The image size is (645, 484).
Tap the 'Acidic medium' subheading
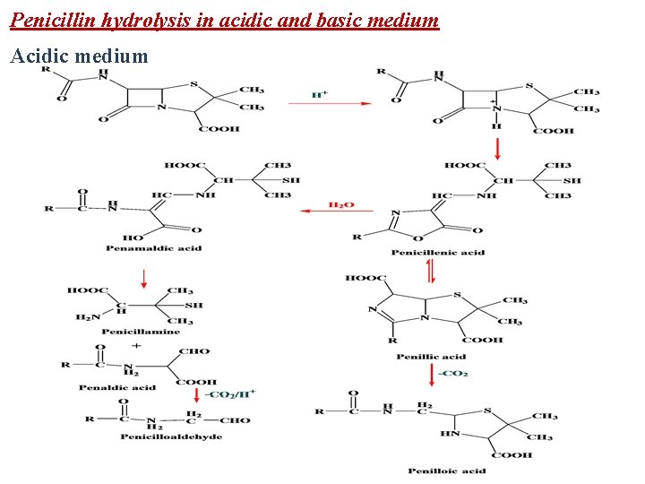pyautogui.click(x=79, y=56)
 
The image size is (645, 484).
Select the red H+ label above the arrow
pyautogui.click(x=318, y=93)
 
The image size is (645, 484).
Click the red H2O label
pyautogui.click(x=341, y=205)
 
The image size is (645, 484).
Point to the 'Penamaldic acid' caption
pyautogui.click(x=153, y=248)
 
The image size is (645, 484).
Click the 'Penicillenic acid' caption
pyautogui.click(x=439, y=253)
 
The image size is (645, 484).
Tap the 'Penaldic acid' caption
pyautogui.click(x=116, y=387)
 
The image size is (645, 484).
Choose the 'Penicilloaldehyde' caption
pyautogui.click(x=172, y=436)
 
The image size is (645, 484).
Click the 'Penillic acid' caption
pyautogui.click(x=432, y=357)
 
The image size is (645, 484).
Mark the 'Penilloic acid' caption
pyautogui.click(x=446, y=471)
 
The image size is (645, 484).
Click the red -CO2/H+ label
pyautogui.click(x=231, y=393)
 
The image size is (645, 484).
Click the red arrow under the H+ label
pyautogui.click(x=328, y=104)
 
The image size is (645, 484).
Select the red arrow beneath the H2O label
pyautogui.click(x=327, y=212)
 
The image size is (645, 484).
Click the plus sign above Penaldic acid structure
pyautogui.click(x=136, y=345)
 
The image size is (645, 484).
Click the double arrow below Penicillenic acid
pyautogui.click(x=431, y=269)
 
